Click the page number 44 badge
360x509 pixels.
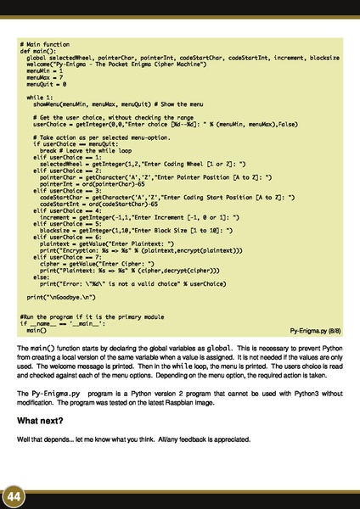(14, 494)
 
